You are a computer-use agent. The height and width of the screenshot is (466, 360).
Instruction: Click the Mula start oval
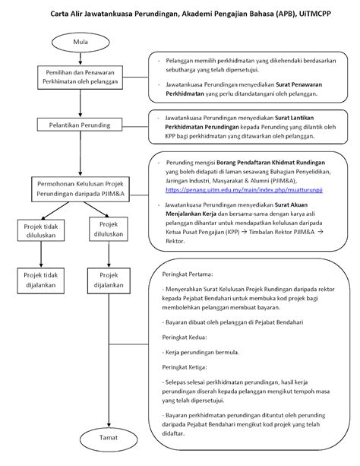coord(81,43)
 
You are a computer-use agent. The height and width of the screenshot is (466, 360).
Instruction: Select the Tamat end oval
coord(109,439)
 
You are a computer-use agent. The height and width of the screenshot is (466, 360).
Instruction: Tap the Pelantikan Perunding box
coord(80,125)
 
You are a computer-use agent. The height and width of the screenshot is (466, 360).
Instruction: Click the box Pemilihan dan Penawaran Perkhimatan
coord(81,78)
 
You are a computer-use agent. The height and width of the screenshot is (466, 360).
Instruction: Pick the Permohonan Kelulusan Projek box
coord(81,189)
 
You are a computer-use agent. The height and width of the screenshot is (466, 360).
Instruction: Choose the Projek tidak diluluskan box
coord(41,230)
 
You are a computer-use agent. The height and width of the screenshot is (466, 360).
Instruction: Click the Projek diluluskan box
coord(109,229)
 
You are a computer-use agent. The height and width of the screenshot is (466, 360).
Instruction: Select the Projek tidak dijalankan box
coord(41,281)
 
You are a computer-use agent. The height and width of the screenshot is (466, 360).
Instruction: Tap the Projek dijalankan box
coord(109,281)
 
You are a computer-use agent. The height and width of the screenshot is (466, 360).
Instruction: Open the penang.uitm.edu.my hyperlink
coord(244,190)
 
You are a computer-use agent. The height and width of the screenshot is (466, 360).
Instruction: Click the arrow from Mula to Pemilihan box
coord(81,59)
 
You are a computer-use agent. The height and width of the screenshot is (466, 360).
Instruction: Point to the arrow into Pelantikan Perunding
coord(81,103)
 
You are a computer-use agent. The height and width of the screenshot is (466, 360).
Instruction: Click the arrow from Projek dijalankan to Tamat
coord(109,360)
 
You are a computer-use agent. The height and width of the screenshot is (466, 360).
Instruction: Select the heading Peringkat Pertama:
coord(188,274)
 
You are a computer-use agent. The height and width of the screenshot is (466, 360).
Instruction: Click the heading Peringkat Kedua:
coord(185,338)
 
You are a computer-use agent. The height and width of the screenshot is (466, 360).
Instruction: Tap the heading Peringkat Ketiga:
coord(185,367)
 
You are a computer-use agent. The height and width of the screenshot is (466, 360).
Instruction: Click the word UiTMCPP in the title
coord(315,14)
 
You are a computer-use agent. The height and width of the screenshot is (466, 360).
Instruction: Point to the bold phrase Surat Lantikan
coord(295,118)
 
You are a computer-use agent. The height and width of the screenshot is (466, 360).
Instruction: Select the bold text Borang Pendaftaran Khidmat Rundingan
coord(270,163)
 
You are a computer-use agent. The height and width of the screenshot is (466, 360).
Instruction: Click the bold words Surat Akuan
coord(291,204)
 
